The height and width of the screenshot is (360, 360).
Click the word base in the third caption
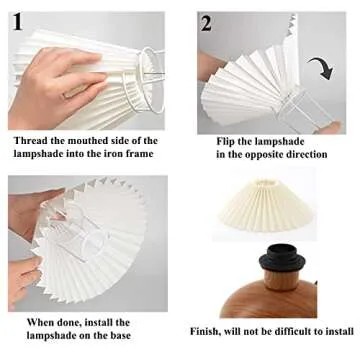click(117, 337)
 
